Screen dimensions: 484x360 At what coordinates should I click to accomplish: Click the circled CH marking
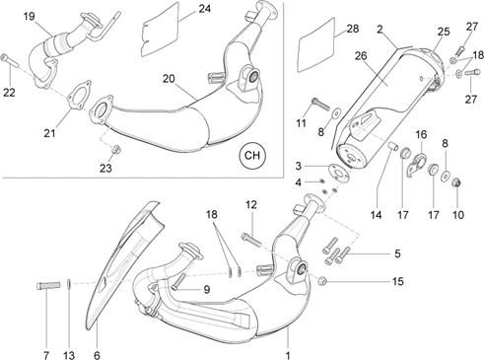click(x=252, y=155)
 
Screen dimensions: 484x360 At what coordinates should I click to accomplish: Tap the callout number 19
click(x=30, y=16)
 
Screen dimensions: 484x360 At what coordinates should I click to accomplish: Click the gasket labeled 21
click(x=79, y=95)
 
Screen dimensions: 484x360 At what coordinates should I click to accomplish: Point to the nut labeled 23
click(x=115, y=150)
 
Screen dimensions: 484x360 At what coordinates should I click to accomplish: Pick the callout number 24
click(x=204, y=9)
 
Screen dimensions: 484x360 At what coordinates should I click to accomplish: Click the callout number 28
click(x=353, y=29)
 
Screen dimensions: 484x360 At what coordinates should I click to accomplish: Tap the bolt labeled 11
click(x=319, y=104)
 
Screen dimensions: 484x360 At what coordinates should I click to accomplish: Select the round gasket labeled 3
click(x=340, y=172)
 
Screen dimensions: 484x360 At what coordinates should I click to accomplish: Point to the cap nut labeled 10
click(x=457, y=182)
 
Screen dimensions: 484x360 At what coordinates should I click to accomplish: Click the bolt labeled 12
click(x=251, y=240)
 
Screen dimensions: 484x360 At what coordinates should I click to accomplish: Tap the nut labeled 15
click(x=321, y=281)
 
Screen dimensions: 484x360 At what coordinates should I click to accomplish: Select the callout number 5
click(x=397, y=253)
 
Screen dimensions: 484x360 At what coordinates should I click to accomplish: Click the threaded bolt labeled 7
click(x=48, y=285)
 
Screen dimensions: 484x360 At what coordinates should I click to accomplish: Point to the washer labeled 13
click(x=69, y=283)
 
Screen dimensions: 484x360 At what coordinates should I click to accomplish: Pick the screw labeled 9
click(x=177, y=281)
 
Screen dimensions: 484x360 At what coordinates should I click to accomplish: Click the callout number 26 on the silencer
click(x=361, y=56)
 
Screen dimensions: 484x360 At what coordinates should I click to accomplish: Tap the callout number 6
click(x=97, y=355)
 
